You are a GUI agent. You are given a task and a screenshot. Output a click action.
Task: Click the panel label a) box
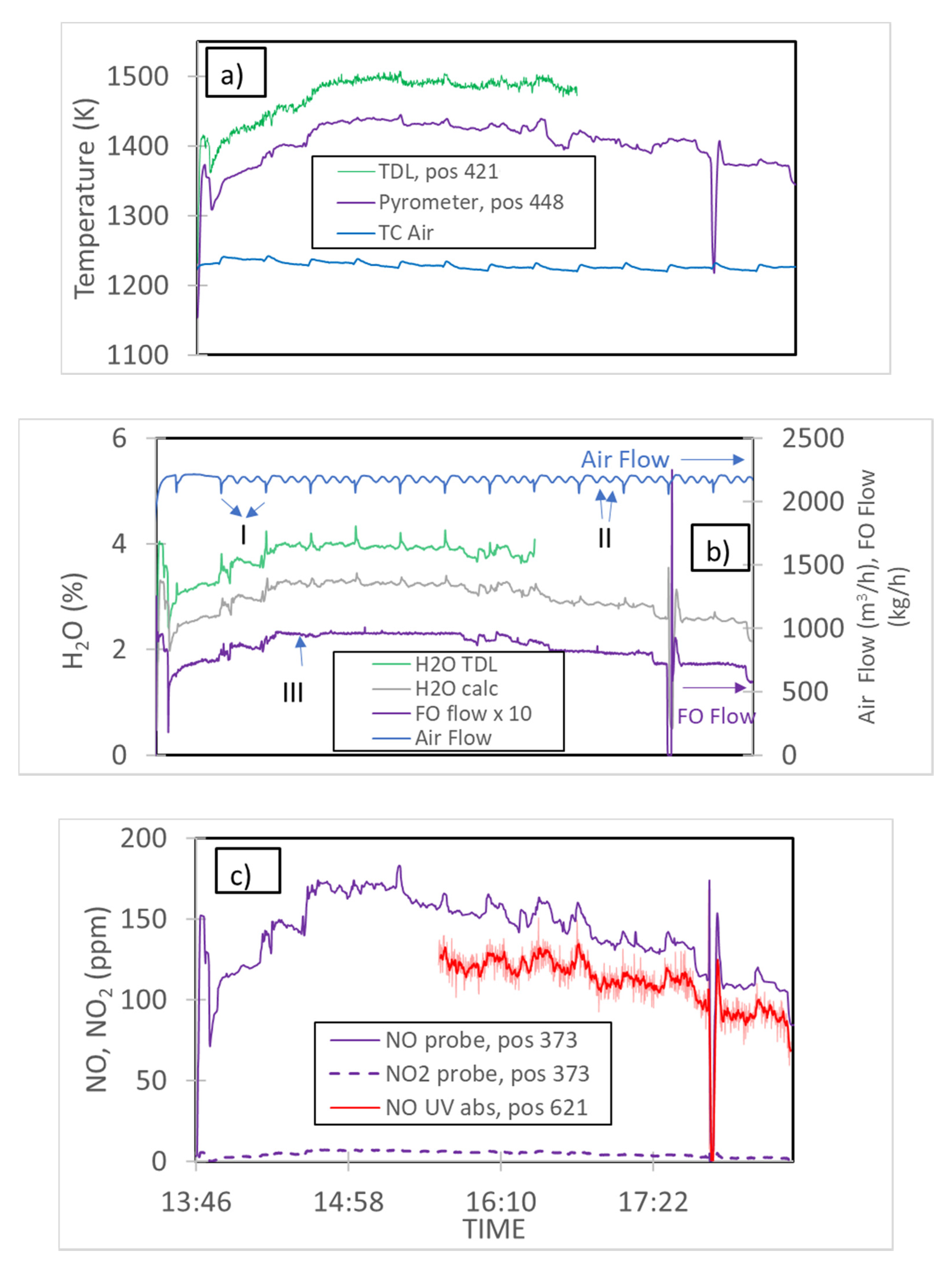pyautogui.click(x=235, y=73)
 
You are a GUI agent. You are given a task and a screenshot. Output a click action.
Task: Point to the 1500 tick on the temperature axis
pyautogui.click(x=138, y=77)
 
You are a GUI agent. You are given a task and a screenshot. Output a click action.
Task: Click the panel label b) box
pyautogui.click(x=719, y=547)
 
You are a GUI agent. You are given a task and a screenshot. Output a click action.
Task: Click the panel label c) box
pyautogui.click(x=248, y=870)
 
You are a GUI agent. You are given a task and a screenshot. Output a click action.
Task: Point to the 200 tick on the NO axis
pyautogui.click(x=143, y=838)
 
